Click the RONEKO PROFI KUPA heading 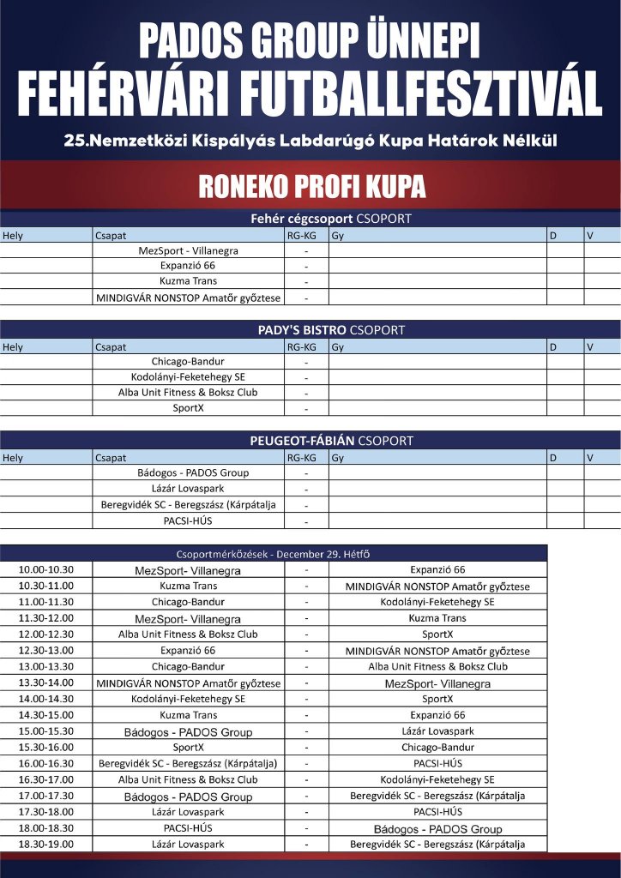click(311, 186)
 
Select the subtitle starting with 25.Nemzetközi click(310, 140)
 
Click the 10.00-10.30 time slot click(47, 570)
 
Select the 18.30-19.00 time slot click(47, 845)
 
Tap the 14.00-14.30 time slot click(47, 700)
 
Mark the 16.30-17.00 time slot click(47, 780)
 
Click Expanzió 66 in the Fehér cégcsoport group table click(188, 266)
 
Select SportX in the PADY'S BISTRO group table click(188, 408)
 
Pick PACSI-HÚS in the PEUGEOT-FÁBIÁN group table click(188, 520)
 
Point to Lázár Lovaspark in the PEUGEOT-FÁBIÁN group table click(188, 488)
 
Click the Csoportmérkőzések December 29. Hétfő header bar click(274, 553)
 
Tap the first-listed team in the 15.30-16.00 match click(188, 748)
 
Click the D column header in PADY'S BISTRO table click(554, 347)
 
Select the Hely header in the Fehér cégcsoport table click(14, 235)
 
